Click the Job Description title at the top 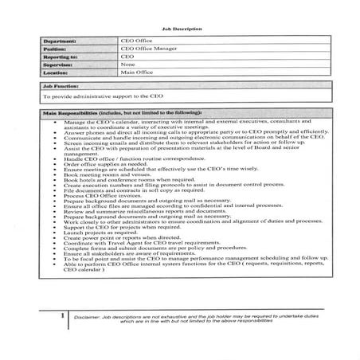[179, 29]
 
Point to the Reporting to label [67, 57]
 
